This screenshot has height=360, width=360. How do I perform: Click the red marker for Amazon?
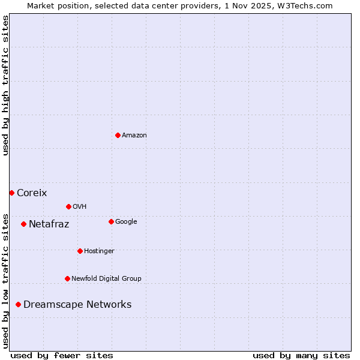coord(118,135)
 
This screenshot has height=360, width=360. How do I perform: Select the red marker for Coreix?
coord(11,193)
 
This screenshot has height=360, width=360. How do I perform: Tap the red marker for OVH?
coord(68,206)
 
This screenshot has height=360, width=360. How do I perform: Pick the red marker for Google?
coord(111,221)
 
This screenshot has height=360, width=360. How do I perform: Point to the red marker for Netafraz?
coord(23,224)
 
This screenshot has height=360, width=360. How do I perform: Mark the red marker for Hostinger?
coord(80,251)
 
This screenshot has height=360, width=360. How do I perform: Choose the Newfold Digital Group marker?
coord(67,278)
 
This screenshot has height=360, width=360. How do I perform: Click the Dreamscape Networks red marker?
coord(18,304)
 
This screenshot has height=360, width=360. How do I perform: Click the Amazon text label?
coord(134,136)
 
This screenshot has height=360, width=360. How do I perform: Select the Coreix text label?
coord(32,193)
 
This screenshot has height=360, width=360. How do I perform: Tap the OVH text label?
coord(80,207)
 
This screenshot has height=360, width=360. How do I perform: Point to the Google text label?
coord(126,222)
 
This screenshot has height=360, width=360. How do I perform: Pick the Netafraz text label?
coord(49,224)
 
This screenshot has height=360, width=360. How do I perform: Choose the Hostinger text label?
coord(99,251)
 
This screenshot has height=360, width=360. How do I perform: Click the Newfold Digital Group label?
coord(106,278)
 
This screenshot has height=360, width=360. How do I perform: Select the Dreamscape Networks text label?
coord(77,304)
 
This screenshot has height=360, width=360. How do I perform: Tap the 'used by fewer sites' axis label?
coord(62,355)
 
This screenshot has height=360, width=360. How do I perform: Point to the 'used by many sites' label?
coord(301,355)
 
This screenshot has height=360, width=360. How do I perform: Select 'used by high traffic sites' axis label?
coord(5,85)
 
